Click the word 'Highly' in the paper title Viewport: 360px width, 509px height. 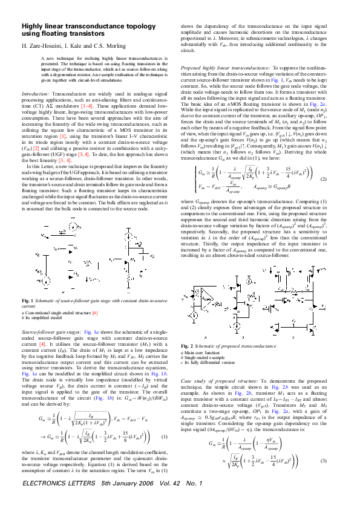pos(31,27)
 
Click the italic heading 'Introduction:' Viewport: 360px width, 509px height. pos(36,95)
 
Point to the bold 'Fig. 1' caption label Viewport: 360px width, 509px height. pos(28,300)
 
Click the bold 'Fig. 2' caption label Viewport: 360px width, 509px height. pos(188,345)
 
